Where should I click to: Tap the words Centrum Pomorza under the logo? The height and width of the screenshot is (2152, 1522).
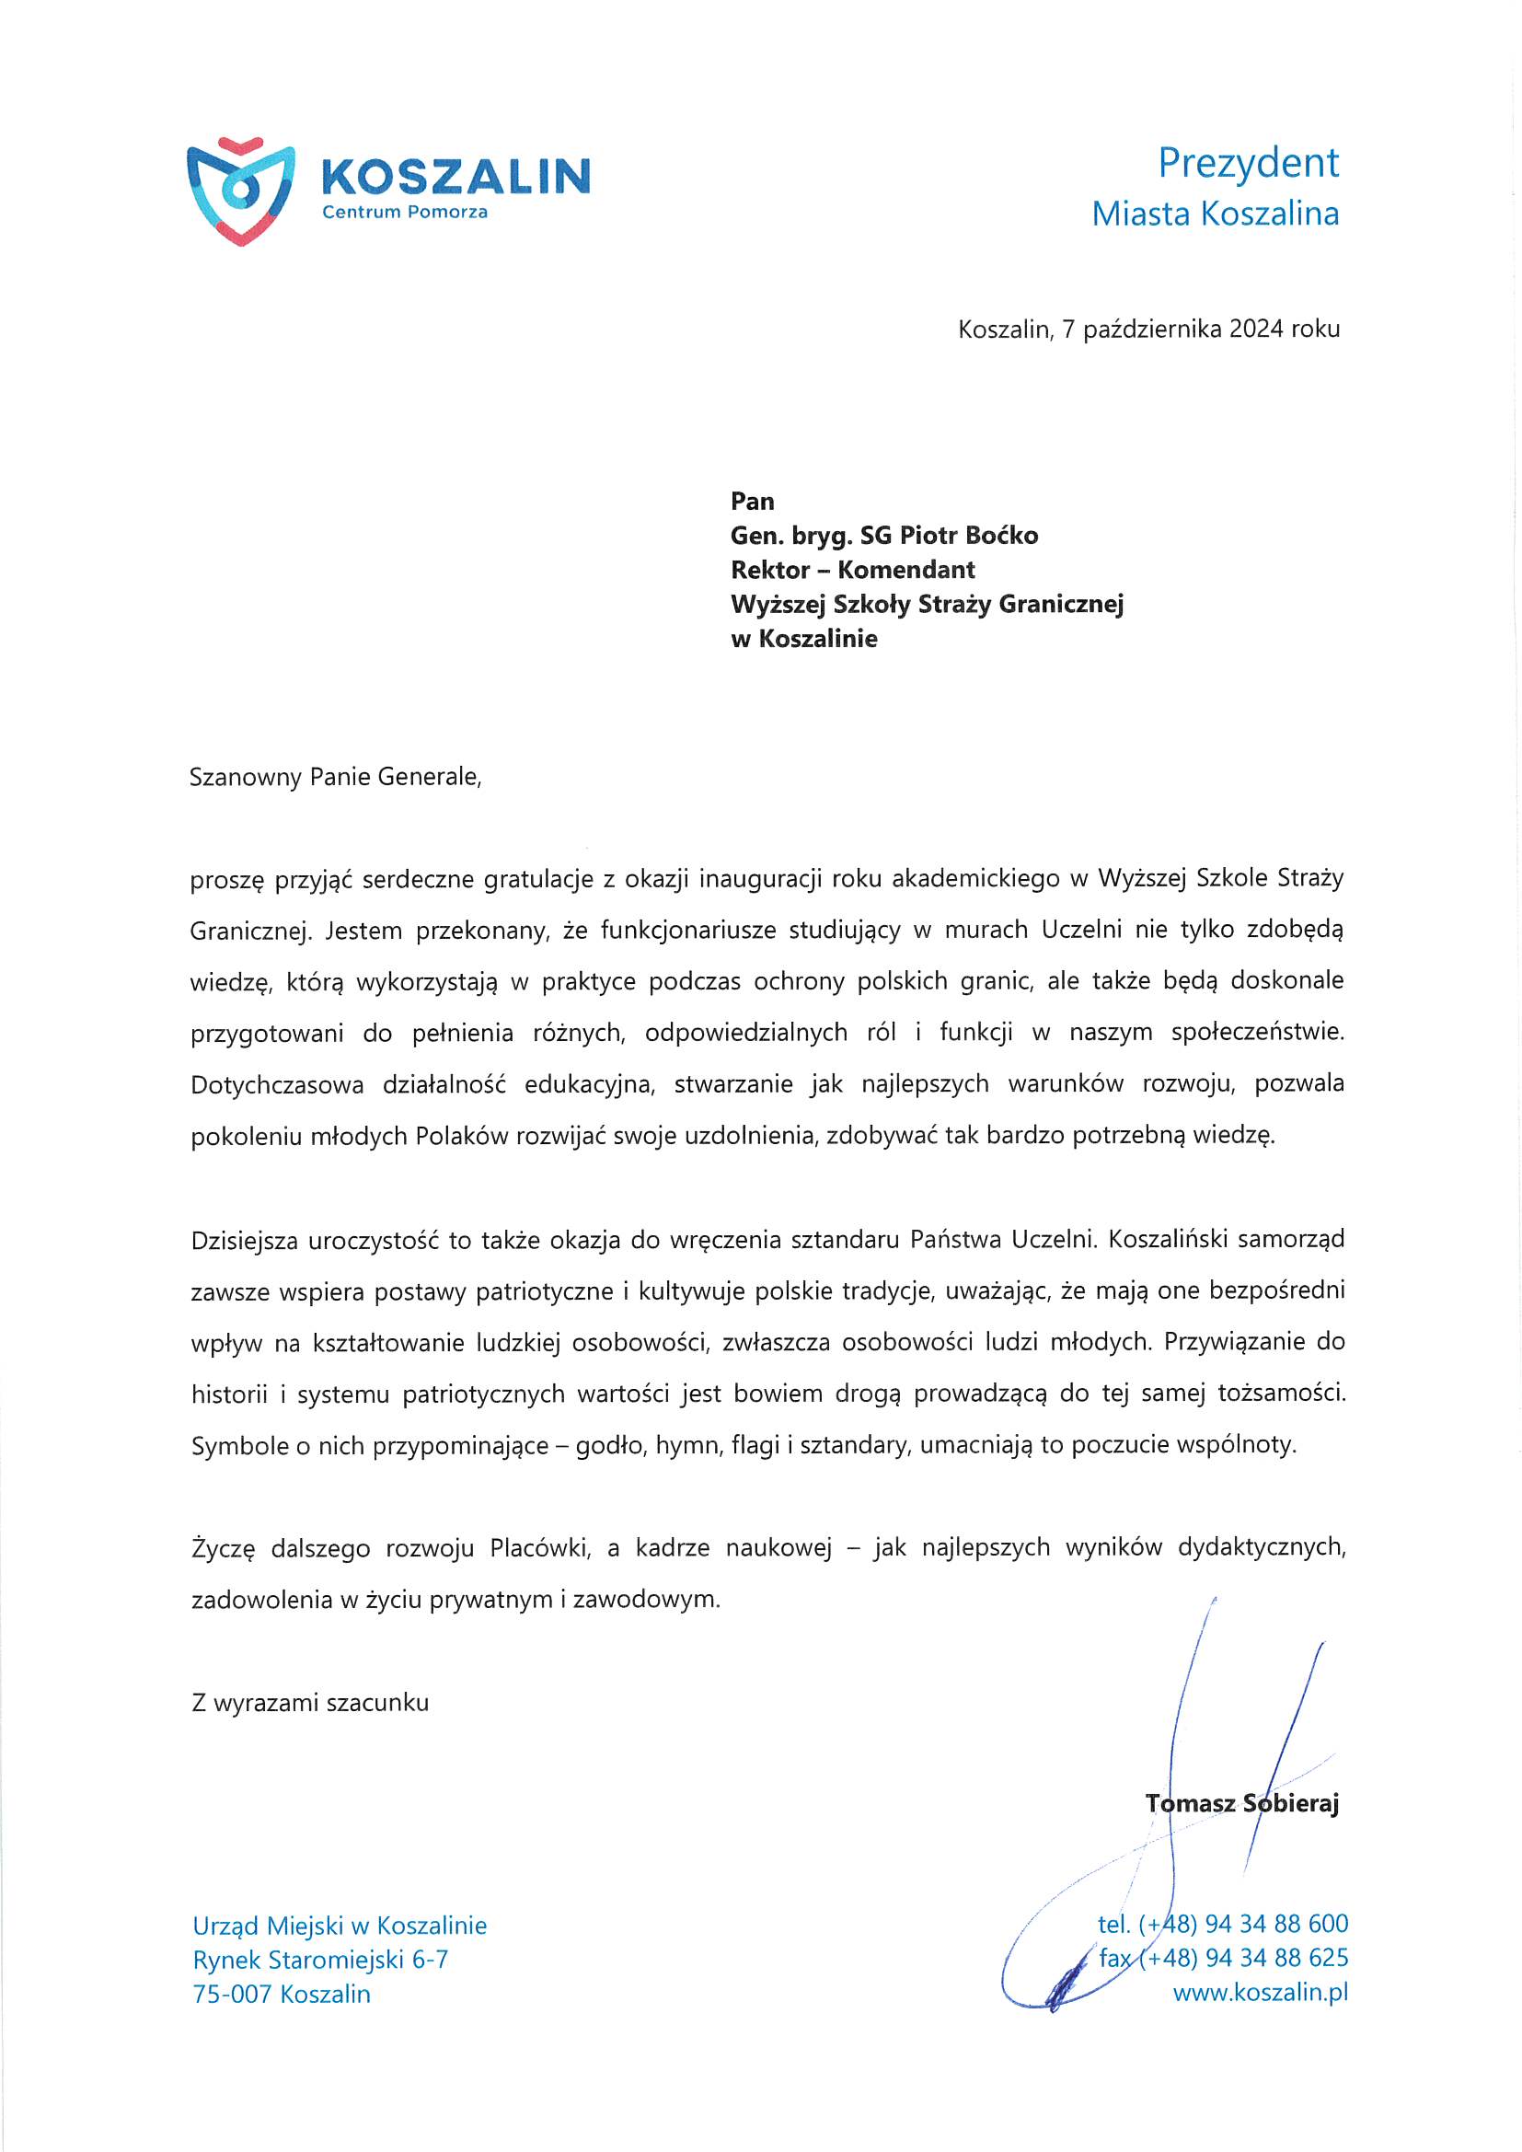coord(404,213)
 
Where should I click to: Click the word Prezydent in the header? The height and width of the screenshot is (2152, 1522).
coord(1248,163)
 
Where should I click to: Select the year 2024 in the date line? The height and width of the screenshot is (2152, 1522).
coord(1256,329)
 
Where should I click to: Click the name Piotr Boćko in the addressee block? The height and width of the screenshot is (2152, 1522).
coord(968,535)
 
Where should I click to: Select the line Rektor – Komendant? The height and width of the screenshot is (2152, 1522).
coord(852,570)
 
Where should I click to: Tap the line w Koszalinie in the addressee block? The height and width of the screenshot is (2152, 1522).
coord(803,639)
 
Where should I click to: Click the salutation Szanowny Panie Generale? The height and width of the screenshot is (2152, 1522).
coord(335,777)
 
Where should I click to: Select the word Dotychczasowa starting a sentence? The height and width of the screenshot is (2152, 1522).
coord(276,1085)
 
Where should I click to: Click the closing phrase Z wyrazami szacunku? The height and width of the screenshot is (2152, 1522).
coord(309,1703)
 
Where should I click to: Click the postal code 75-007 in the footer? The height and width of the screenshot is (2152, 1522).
coord(232,1995)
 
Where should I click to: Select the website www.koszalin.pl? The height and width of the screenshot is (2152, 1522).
coord(1260,1993)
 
